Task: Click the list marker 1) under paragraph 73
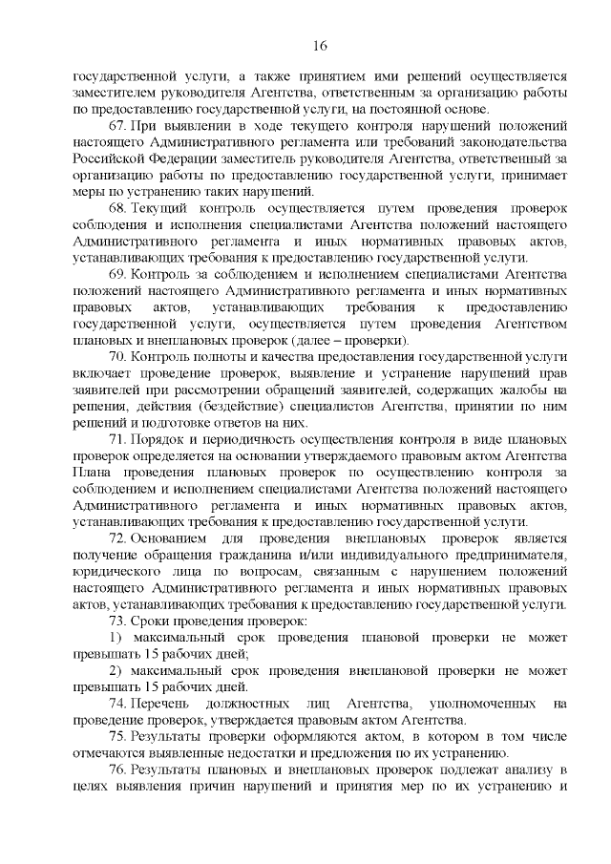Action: pos(115,637)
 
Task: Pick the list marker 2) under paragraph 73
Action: pos(115,670)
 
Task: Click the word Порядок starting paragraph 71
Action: pos(160,439)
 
